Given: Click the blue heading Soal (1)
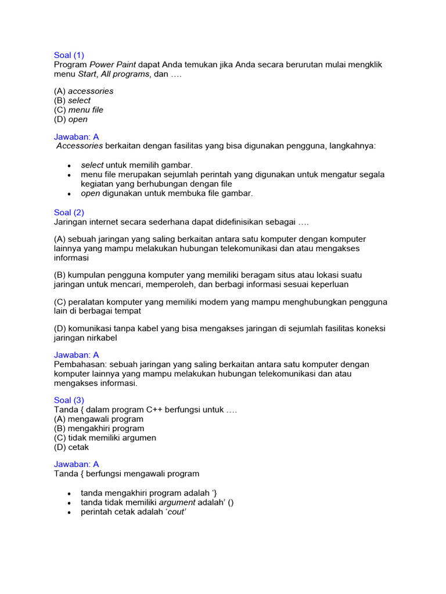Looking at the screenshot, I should (x=69, y=55).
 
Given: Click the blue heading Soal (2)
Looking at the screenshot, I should (x=69, y=212).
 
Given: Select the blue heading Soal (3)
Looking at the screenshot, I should (x=69, y=400).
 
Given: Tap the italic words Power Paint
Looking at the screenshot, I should (x=113, y=64).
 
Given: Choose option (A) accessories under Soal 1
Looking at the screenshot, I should (x=84, y=91).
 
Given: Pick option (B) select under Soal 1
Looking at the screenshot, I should (x=73, y=100).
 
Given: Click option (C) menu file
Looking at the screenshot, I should (x=78, y=110).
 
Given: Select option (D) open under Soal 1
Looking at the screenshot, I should (x=71, y=119).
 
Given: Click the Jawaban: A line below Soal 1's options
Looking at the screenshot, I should (x=77, y=136).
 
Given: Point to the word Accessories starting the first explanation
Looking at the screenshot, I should (x=80, y=146).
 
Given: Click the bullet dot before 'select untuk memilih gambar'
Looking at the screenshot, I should (x=69, y=166).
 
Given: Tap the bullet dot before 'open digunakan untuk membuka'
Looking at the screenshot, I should (x=69, y=194).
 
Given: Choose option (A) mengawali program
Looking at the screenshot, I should (x=99, y=419).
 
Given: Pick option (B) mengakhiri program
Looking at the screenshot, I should (x=99, y=428).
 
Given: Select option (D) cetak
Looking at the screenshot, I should (x=71, y=447).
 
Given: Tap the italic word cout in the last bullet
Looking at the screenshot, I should (x=176, y=512).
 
